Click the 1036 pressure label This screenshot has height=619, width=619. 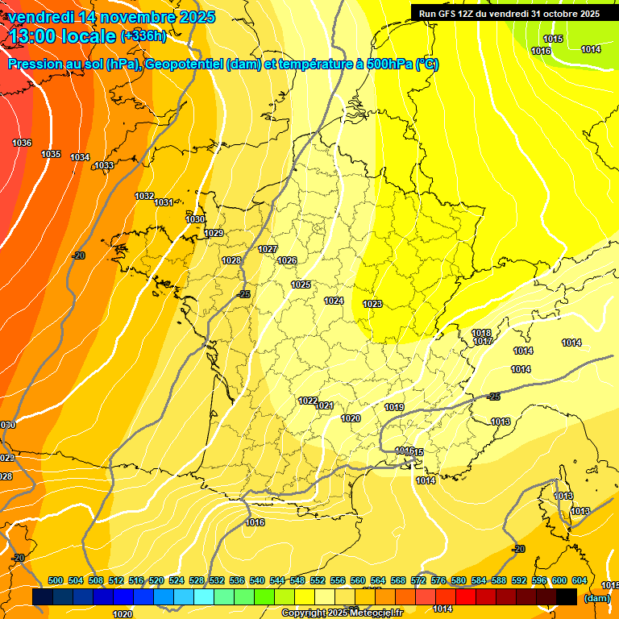(22, 143)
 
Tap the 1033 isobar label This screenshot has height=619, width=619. (104, 165)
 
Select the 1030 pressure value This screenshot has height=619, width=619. (195, 219)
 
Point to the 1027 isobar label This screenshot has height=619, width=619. (268, 249)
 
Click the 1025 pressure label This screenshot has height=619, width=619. (301, 285)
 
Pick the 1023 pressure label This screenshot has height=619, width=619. (372, 304)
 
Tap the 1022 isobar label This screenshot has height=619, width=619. (308, 401)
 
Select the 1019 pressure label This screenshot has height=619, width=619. (394, 407)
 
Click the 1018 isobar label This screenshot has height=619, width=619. (481, 333)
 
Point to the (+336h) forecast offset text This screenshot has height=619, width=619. (143, 35)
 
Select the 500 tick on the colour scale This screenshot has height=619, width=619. (56, 580)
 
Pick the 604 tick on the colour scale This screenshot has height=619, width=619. (579, 580)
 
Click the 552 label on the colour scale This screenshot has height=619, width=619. (318, 580)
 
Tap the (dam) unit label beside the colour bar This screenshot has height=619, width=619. (596, 598)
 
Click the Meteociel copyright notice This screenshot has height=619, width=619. (342, 613)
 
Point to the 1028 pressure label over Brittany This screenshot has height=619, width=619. (231, 260)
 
